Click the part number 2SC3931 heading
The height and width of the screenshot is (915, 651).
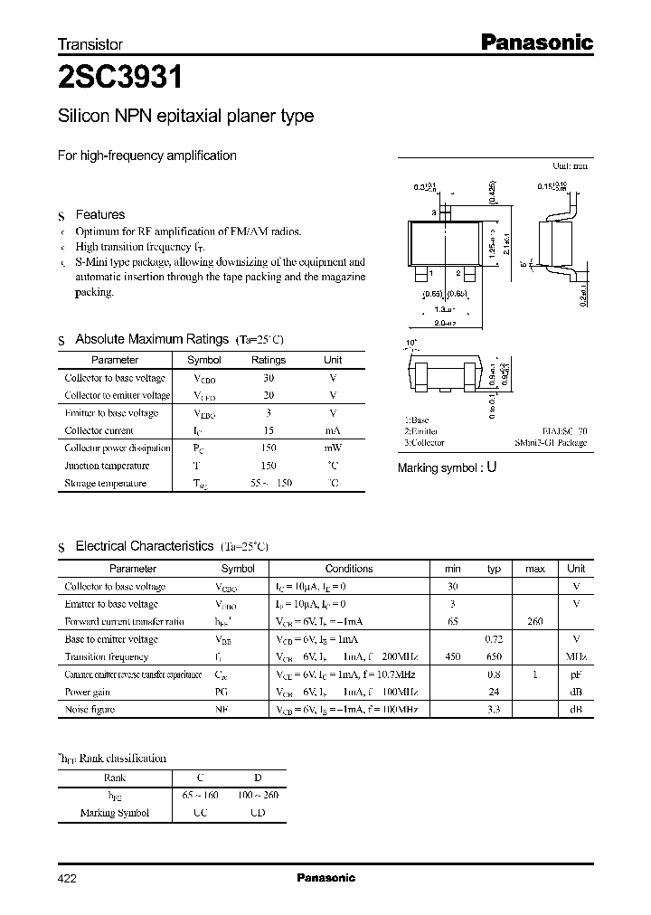120,79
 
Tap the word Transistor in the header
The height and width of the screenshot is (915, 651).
90,43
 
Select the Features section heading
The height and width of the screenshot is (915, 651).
99,214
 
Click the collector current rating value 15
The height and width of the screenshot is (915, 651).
269,430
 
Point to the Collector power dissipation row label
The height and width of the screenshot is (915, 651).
118,448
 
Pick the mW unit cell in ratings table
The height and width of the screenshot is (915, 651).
333,448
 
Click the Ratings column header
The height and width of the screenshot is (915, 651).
269,360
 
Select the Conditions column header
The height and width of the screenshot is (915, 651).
349,569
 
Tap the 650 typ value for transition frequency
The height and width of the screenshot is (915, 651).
495,657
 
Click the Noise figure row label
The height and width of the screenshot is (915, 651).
90,710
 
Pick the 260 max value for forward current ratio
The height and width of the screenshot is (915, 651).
534,621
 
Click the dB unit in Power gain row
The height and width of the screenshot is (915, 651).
576,693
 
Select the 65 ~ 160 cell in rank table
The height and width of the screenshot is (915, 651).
201,795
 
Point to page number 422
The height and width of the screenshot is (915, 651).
69,878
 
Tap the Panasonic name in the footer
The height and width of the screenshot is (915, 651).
325,878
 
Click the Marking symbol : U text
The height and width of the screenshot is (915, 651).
448,467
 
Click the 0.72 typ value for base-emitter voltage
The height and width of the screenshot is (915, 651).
495,639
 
